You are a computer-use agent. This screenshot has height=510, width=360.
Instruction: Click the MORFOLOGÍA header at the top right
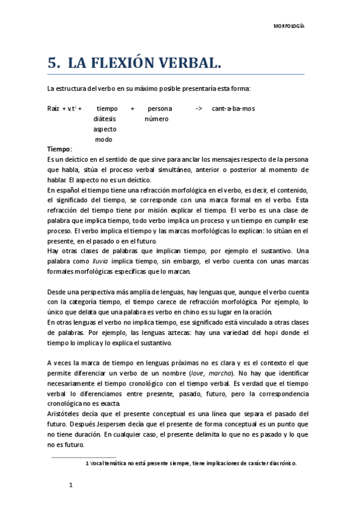coord(289,26)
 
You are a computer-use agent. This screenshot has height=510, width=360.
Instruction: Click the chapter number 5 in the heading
coord(53,63)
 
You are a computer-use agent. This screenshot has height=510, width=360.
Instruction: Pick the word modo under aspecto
coord(104,139)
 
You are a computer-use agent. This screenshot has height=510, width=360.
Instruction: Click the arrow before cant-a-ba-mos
coord(198,108)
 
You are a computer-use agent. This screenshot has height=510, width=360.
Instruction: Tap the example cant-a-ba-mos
coord(233,108)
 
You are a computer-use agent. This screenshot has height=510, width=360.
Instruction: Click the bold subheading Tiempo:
coord(59,149)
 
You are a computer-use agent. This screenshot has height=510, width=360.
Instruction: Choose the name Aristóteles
coord(65,414)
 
